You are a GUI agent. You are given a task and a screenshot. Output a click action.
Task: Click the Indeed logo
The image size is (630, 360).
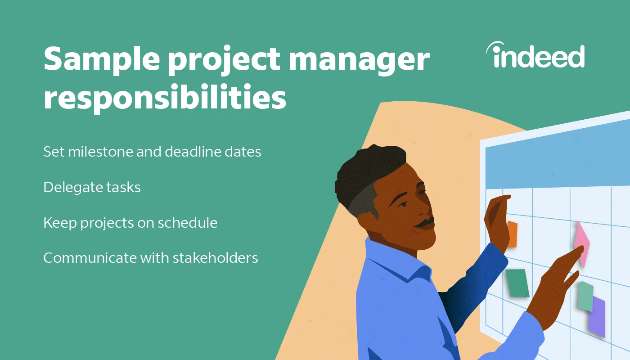535,56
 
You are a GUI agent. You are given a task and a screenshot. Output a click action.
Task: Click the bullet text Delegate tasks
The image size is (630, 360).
92,187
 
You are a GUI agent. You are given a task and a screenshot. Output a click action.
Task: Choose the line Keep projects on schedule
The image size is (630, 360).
130,223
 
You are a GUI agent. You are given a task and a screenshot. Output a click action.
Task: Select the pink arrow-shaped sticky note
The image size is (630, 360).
582,243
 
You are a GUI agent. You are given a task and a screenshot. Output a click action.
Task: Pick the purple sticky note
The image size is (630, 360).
597,317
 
